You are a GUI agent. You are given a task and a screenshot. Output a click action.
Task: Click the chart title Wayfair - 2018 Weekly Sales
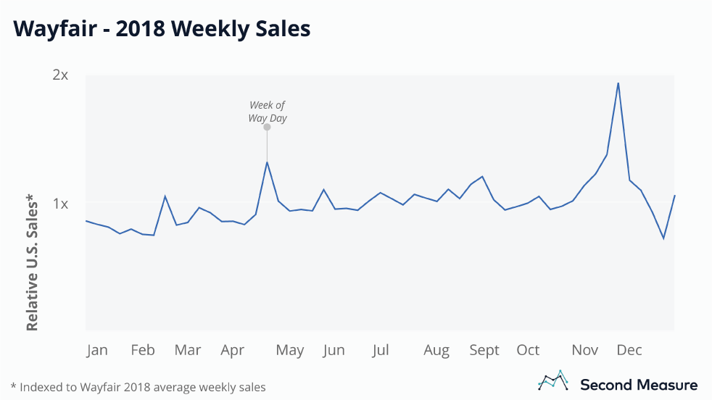click(162, 28)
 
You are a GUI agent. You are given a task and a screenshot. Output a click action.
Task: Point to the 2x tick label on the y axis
click(61, 75)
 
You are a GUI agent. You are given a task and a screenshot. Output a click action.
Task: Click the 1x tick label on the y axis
click(61, 204)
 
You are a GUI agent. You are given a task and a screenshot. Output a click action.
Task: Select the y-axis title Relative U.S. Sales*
click(32, 262)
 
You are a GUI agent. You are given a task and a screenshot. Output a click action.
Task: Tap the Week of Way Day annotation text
click(267, 112)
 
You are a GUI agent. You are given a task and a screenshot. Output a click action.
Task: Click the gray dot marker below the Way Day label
click(267, 127)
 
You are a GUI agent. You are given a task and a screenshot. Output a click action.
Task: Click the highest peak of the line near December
click(618, 83)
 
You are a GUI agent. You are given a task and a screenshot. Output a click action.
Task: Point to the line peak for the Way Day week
click(267, 162)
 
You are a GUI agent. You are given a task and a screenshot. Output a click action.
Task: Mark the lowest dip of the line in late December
click(663, 238)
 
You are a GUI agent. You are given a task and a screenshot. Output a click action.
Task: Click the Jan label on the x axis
click(96, 350)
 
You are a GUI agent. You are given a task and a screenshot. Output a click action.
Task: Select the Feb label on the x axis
click(143, 350)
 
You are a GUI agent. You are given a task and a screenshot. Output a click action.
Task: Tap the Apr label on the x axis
click(233, 350)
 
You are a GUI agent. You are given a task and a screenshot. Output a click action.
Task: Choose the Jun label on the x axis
click(334, 350)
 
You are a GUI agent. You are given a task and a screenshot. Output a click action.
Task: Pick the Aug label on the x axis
click(436, 350)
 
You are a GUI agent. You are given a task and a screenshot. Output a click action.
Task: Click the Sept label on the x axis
click(484, 350)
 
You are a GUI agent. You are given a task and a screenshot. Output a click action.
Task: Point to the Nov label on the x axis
click(585, 350)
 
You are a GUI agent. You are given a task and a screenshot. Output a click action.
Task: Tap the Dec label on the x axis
click(629, 350)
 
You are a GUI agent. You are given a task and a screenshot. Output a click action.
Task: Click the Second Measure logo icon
click(552, 380)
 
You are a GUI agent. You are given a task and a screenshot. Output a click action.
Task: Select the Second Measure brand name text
click(639, 385)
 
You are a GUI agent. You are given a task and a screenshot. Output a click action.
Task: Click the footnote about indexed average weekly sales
click(138, 387)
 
